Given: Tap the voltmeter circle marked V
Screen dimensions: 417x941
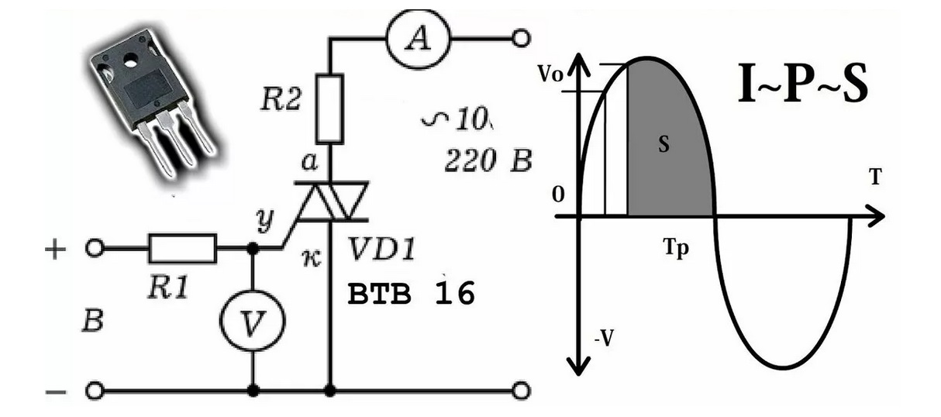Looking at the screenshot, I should click(252, 326).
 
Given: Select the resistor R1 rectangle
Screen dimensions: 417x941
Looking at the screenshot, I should click(182, 249).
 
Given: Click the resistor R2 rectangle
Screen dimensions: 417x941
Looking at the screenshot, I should click(331, 109).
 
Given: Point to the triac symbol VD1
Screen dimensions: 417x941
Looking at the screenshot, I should click(332, 203).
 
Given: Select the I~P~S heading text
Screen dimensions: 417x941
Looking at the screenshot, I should click(802, 86).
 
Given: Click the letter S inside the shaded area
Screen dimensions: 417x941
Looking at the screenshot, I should click(664, 145).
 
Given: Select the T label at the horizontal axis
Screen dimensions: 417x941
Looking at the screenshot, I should click(874, 178).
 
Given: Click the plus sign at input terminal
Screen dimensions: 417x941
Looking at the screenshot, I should click(57, 250).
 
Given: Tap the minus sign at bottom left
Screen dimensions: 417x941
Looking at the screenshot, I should click(56, 391).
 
